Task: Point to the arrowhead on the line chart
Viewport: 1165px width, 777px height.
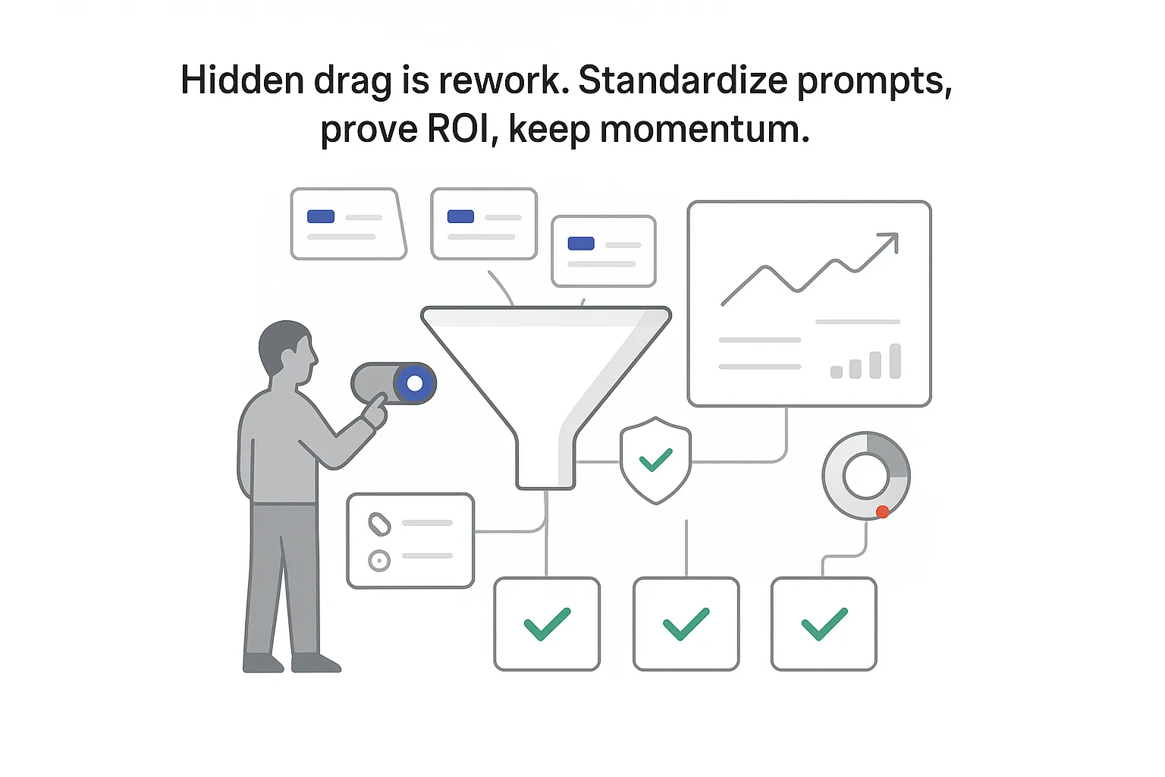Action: tap(889, 242)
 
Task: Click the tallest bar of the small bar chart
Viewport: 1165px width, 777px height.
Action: tap(895, 361)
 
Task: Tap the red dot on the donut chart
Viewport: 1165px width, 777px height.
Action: tap(882, 512)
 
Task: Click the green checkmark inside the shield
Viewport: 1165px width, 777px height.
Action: tap(655, 459)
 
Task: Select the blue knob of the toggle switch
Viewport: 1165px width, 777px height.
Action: tap(414, 383)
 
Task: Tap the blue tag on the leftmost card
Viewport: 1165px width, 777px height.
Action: tap(321, 217)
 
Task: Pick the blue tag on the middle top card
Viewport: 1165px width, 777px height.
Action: tap(460, 217)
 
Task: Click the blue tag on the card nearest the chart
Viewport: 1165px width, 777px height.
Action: tap(581, 244)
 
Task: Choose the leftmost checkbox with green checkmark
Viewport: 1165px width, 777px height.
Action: tap(547, 624)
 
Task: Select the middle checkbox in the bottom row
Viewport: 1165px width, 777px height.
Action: tap(686, 624)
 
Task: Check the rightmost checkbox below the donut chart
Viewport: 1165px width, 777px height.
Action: tap(824, 624)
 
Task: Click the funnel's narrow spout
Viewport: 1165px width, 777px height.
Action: tap(545, 463)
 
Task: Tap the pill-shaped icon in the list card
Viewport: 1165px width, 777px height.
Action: tap(379, 524)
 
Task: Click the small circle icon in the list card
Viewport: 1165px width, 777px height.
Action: tap(379, 561)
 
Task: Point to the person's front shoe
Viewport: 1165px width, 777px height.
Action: tap(316, 663)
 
